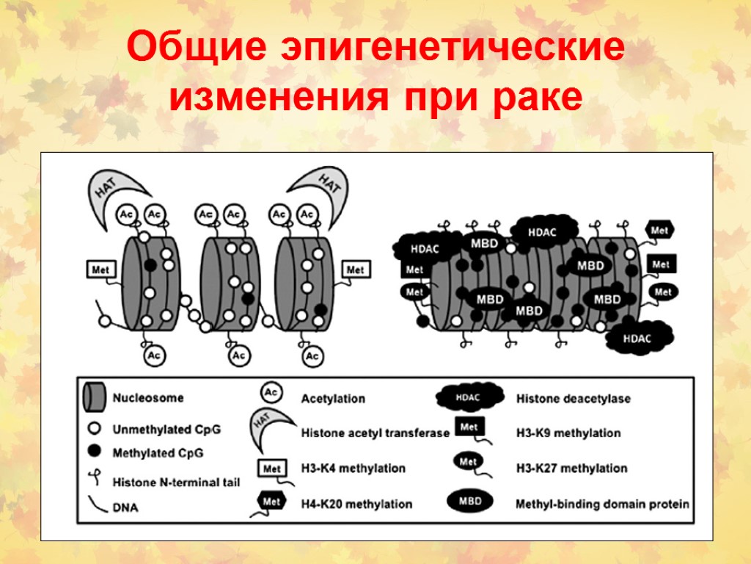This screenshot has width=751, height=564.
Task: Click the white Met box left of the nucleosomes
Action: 100,270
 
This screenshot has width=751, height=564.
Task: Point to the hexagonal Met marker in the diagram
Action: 659,231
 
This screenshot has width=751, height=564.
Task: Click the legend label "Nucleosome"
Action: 148,399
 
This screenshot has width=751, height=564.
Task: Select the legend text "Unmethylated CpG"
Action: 166,428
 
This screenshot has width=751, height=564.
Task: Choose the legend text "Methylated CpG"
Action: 158,452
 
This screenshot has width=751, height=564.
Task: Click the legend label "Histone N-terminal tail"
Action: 176,482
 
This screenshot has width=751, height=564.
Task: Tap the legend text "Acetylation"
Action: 333,399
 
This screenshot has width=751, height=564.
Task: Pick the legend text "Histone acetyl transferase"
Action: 375,433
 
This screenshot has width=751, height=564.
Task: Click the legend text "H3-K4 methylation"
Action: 353,468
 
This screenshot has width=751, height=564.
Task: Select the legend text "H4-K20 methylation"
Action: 356,504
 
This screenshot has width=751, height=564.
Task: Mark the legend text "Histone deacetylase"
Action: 574,399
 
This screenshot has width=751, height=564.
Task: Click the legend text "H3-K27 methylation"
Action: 572,468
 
